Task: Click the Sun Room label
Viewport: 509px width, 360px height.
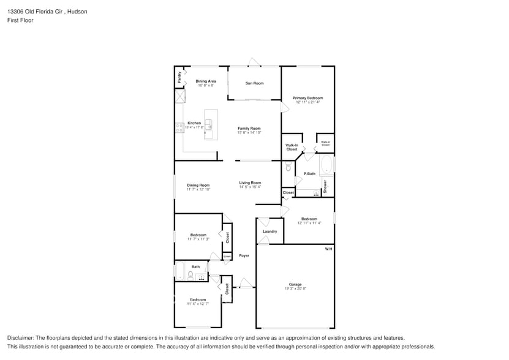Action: tap(254, 83)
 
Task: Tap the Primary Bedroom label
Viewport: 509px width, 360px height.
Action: tap(307, 98)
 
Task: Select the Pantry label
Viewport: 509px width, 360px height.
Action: tap(179, 77)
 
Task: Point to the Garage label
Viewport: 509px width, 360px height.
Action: tap(295, 284)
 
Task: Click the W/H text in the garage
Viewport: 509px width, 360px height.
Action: tap(328, 249)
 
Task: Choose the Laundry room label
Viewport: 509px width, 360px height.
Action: tap(270, 231)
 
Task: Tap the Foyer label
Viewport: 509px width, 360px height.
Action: tap(244, 255)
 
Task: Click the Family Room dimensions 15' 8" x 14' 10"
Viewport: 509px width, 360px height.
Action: tap(249, 133)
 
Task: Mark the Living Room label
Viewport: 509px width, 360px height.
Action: tap(250, 182)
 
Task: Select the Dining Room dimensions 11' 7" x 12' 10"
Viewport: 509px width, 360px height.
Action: tap(198, 190)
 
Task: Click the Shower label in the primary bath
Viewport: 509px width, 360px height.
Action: tap(325, 187)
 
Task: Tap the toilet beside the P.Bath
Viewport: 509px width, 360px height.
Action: tap(288, 167)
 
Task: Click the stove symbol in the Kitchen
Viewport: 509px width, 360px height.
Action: tap(179, 128)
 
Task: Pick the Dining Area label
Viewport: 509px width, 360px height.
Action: tap(206, 81)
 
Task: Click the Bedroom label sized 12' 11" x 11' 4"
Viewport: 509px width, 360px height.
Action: tap(309, 219)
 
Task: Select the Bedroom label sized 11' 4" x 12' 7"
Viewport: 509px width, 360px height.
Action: tap(198, 299)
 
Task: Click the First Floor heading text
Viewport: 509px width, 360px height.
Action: tap(20, 20)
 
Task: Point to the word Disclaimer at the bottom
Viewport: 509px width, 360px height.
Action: tap(21, 338)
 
